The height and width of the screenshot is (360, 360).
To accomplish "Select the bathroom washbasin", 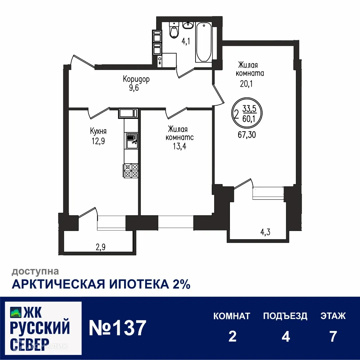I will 188,25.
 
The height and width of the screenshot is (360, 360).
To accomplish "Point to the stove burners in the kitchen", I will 131,171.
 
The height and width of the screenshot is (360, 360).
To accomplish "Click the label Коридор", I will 136,79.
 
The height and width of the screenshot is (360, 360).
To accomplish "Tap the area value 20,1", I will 246,84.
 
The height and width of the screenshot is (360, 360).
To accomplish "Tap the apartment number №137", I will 117,328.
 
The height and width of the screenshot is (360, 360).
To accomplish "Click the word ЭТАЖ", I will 333,316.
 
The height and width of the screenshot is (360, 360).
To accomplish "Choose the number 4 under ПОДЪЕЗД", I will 285,337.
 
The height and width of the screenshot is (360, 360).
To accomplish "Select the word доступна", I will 35,271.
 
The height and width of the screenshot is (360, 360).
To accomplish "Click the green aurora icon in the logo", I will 15,312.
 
